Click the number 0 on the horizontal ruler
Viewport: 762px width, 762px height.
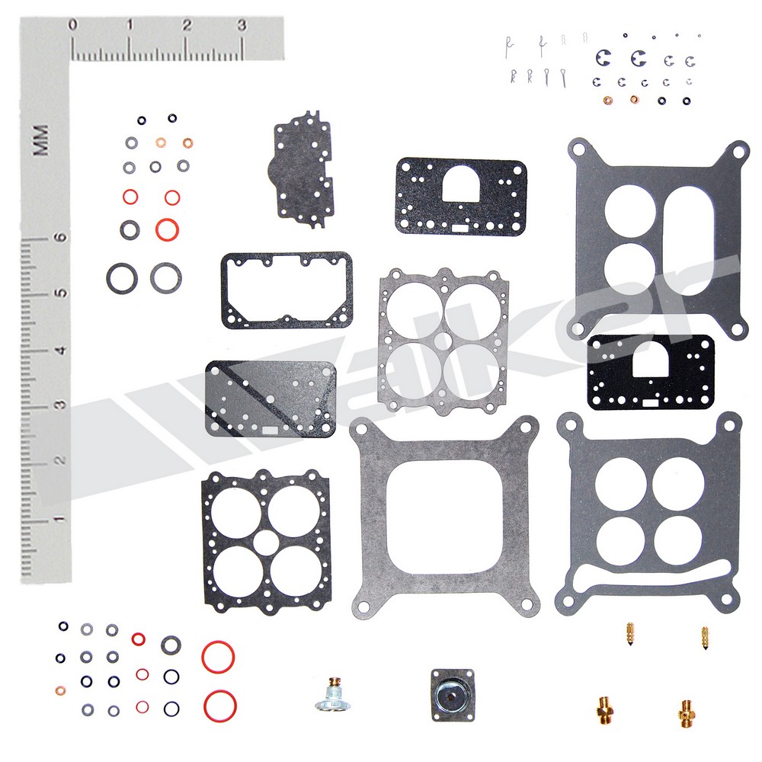73,25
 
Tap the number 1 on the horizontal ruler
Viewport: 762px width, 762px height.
130,25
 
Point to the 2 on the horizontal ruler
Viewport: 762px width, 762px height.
187,25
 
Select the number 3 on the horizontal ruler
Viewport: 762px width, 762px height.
242,25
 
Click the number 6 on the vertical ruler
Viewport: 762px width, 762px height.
60,237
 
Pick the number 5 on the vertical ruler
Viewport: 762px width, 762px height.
60,293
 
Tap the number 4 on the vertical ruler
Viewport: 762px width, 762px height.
60,350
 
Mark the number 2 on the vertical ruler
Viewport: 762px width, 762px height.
60,459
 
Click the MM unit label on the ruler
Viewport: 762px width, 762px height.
41,140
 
